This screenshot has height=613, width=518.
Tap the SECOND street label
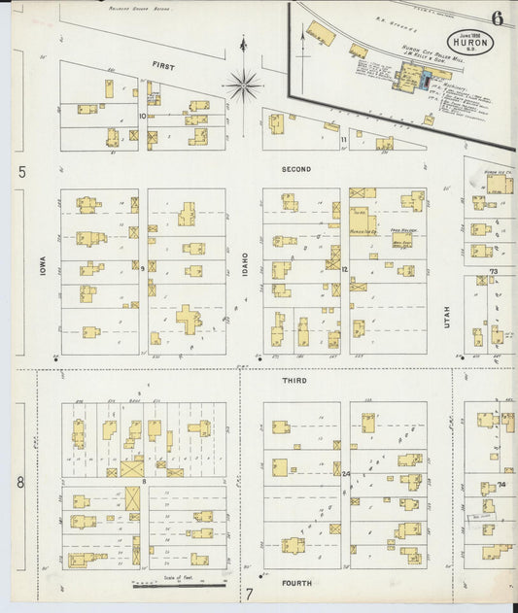[296, 169]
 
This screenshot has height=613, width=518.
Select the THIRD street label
[294, 381]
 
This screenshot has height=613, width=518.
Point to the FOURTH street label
[295, 584]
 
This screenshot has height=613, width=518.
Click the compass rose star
[243, 85]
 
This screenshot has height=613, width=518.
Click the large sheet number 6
[497, 17]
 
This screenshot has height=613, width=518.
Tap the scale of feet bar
[179, 585]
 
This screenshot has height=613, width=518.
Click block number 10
[142, 116]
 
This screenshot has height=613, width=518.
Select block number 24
[346, 473]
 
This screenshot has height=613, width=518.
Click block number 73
[493, 271]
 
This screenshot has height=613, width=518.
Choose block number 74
[501, 483]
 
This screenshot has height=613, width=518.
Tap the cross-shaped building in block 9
[188, 319]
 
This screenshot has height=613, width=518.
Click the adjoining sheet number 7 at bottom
[249, 594]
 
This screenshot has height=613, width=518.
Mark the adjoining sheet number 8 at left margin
[19, 482]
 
